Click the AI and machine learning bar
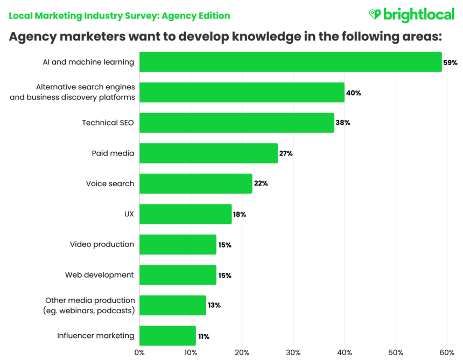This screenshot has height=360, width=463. click(290, 62)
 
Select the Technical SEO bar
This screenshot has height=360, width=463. click(236, 123)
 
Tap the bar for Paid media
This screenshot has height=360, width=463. click(208, 153)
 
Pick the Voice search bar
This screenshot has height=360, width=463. click(195, 183)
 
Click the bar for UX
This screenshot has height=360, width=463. click(185, 214)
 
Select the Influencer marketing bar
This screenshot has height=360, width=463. click(167, 336)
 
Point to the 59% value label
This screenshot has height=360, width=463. click(450, 62)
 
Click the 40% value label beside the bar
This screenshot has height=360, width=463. click(354, 93)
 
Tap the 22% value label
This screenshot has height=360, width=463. click(261, 183)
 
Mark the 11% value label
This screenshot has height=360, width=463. click(204, 336)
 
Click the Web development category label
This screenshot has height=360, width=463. click(100, 275)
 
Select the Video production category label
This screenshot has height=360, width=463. click(102, 244)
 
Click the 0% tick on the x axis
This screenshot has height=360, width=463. click(139, 352)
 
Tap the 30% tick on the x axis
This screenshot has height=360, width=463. click(293, 352)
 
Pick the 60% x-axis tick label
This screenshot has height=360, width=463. click(447, 352)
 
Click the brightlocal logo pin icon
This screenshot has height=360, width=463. click(375, 15)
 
